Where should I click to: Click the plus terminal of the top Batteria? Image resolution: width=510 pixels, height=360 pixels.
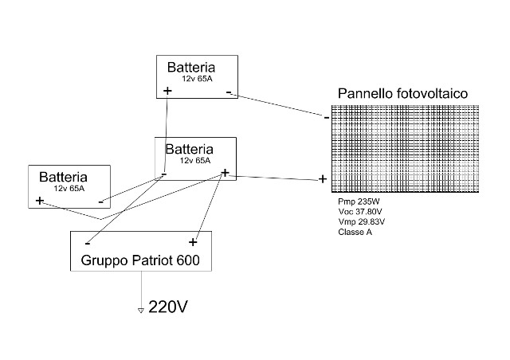167,91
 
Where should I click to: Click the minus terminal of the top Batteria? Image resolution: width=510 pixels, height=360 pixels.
229,93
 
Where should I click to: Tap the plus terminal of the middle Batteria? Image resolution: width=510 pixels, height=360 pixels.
226,172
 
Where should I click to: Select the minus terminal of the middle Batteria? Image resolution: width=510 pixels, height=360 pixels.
163,174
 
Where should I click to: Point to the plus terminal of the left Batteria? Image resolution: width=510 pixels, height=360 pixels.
39,201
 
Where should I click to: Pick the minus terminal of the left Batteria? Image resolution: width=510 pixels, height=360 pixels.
100,202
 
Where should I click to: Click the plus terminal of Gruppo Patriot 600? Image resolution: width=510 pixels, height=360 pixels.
192,241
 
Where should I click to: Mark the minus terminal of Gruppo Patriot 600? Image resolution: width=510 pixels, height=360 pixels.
87,242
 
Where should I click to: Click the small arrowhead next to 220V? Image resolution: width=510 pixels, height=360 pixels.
141,309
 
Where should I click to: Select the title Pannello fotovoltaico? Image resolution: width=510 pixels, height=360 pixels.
402,94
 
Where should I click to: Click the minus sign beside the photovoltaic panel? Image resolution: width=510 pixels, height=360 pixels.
327,118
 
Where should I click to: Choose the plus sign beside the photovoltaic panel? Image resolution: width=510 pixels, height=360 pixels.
323,179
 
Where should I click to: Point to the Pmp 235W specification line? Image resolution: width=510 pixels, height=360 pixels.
360,202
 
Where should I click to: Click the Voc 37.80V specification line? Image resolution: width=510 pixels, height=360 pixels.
362,212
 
